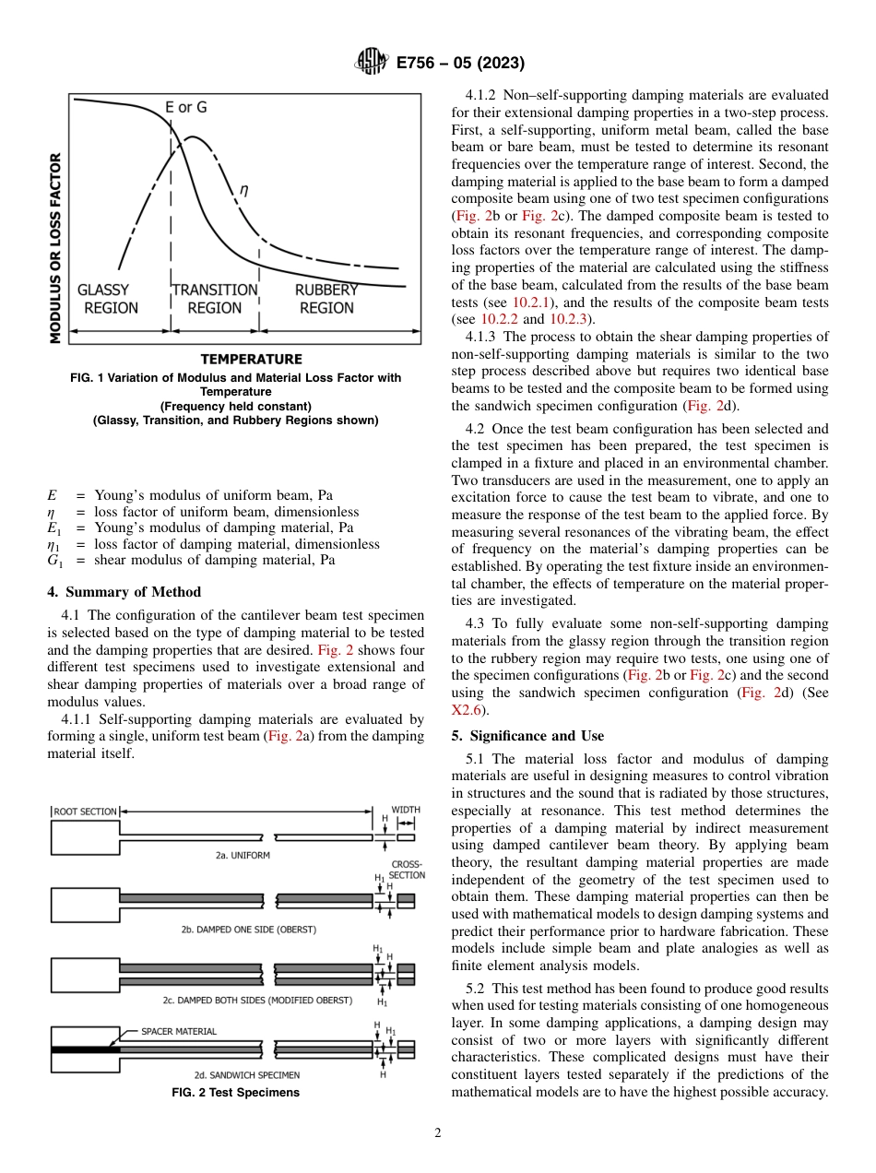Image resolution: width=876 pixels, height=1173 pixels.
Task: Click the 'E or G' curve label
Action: coord(186,107)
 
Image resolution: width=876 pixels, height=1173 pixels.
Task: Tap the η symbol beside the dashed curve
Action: coord(243,190)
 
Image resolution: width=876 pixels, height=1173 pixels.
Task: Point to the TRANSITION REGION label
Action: coord(215,299)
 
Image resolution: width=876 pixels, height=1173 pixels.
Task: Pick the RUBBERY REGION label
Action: coord(326,299)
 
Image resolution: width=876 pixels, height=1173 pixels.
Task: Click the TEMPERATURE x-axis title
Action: coord(251,359)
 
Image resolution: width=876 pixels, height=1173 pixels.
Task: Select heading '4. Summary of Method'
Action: coord(124,592)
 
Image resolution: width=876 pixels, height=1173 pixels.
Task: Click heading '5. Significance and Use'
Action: coord(527,736)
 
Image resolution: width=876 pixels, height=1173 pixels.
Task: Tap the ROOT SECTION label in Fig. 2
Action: coord(86,812)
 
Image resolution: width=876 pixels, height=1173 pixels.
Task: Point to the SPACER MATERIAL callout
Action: coord(179,1031)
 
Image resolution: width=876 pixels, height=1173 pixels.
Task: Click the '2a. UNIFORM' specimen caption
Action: coord(243,856)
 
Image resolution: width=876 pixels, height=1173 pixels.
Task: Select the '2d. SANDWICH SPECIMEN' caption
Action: coord(246,1075)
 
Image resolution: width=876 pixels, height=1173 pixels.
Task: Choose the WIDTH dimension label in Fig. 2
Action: coord(406,810)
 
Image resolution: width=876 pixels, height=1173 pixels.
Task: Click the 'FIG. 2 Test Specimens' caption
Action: coord(236,1093)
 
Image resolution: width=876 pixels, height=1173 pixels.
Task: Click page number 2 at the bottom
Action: coord(437,1133)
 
